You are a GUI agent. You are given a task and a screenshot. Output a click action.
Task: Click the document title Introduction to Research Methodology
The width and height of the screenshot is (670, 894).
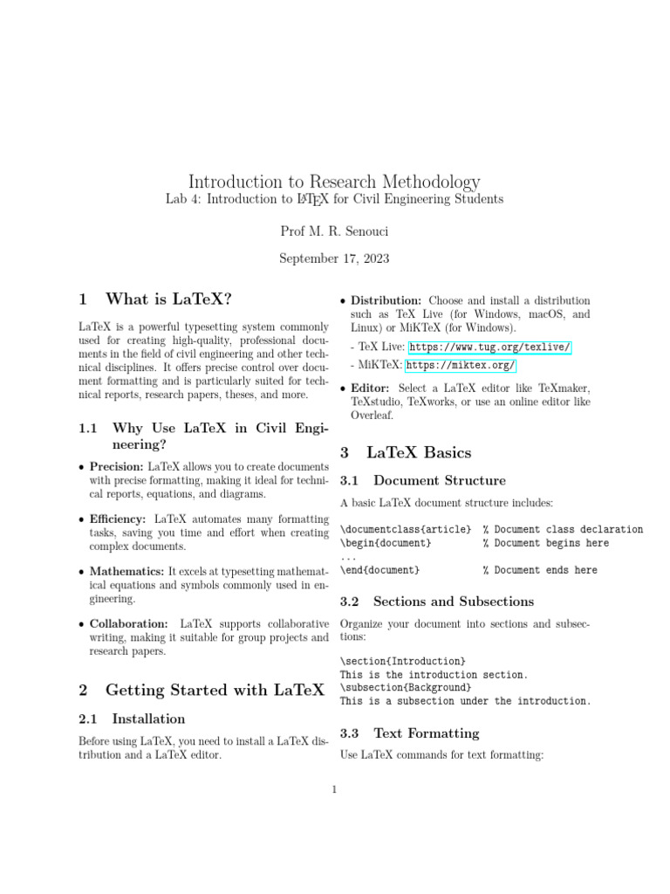[334, 182]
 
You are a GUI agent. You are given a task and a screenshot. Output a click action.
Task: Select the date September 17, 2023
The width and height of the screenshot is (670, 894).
[334, 258]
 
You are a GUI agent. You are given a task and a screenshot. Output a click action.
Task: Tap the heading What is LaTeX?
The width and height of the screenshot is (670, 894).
[167, 299]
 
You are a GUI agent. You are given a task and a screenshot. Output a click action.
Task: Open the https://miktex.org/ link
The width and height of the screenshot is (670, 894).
[461, 365]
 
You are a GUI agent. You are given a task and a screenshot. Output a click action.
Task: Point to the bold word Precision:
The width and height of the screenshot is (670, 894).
[118, 467]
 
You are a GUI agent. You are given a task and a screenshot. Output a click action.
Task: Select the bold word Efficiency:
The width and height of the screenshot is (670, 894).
[118, 519]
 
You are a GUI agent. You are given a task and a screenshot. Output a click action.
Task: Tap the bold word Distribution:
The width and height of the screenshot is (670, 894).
[386, 300]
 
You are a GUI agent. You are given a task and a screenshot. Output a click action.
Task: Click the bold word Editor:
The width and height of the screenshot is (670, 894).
[371, 388]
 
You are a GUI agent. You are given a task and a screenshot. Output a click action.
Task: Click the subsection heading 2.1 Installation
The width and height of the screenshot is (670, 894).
[148, 719]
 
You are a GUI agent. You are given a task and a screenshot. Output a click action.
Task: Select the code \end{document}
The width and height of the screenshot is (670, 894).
[380, 570]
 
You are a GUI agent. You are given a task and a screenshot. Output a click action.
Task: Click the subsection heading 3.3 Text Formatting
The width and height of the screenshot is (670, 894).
[426, 733]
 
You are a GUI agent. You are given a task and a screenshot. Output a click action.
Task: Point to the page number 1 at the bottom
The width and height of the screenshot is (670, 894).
[334, 791]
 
